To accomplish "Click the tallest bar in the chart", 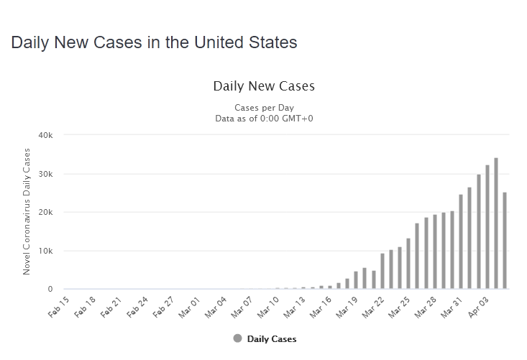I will [x=496, y=223].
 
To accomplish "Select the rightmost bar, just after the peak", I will [x=505, y=241].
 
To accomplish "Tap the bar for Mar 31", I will [x=461, y=241].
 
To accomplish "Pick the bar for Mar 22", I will [x=382, y=271].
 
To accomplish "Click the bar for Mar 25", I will [x=408, y=264].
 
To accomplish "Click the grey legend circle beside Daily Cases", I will [x=237, y=338].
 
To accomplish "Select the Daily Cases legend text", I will [x=272, y=339].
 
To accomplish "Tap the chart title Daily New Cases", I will [x=264, y=86].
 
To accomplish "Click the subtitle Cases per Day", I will [x=264, y=108].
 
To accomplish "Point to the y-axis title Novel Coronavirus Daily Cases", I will [x=27, y=211].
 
